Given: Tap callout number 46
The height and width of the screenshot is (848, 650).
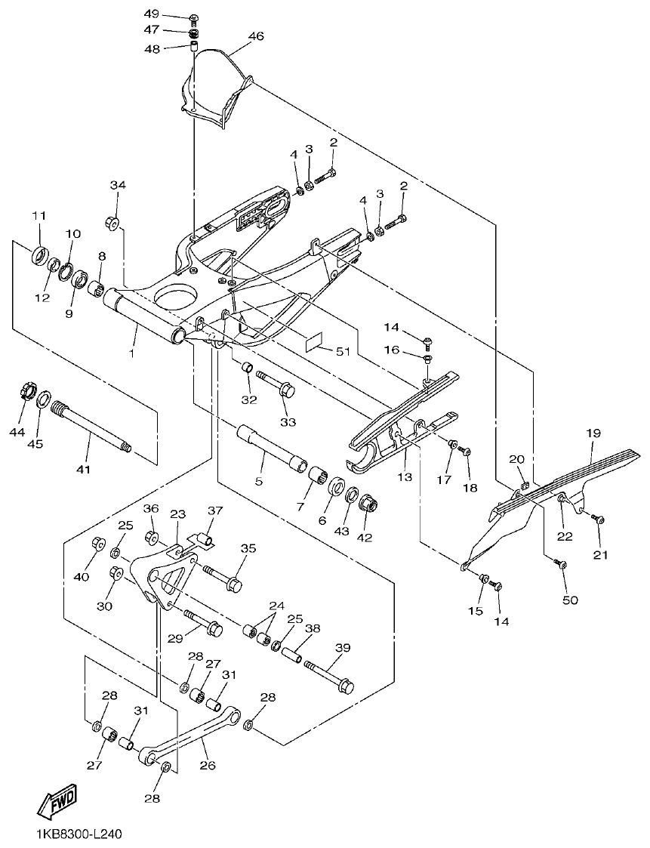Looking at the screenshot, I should tap(256, 35).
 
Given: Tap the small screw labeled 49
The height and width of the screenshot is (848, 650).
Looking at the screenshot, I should tap(193, 17).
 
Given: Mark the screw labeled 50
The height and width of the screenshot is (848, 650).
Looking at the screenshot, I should tap(560, 563).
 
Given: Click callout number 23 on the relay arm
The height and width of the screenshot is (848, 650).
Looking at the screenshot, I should tap(178, 513).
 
